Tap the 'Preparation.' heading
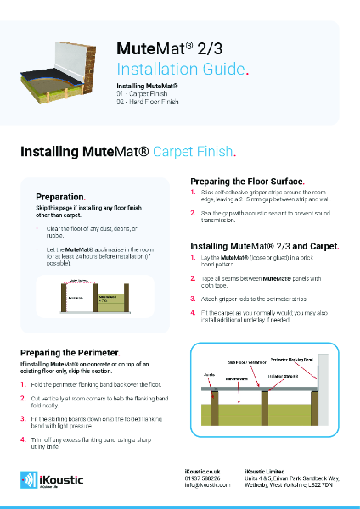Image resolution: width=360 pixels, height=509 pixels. tap(60, 196)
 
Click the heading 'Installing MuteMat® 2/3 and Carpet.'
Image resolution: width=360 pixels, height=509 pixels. tap(264, 245)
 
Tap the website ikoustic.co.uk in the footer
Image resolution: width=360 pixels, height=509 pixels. tap(202, 470)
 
